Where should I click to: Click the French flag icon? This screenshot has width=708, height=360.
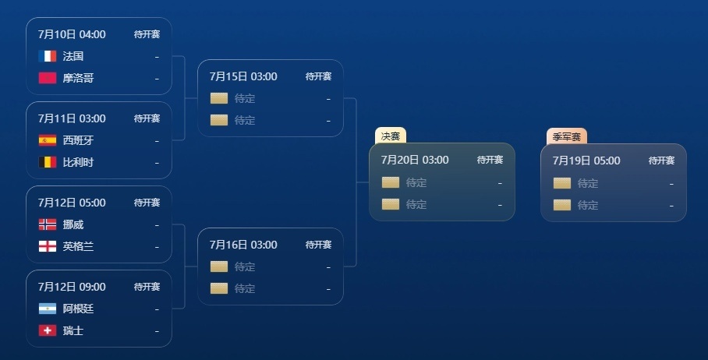pos(48,56)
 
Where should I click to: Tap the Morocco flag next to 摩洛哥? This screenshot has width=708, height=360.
pos(48,78)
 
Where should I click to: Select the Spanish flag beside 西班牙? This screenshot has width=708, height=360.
pos(48,140)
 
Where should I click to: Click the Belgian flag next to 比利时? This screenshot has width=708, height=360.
pos(48,162)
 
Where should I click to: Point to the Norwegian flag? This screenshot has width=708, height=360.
pos(48,224)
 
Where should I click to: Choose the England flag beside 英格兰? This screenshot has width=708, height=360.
pos(48,246)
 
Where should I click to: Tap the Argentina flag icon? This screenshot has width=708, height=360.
pos(48,309)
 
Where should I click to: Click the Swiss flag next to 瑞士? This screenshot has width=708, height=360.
pos(48,330)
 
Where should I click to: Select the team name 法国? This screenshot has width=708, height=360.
pos(73,56)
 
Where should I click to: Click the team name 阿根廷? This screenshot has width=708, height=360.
pos(78,309)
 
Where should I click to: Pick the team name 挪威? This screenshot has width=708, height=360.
pos(73,224)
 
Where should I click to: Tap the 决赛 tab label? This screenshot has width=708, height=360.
pos(391,136)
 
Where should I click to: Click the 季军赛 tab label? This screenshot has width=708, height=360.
pos(567,136)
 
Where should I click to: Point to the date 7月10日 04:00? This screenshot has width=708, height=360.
pos(72,34)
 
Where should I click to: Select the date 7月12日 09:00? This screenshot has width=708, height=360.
pos(72,287)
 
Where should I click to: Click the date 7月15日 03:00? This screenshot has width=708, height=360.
pos(243,76)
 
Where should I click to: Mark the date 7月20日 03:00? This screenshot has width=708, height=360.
pos(415,160)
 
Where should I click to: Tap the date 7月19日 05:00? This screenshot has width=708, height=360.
pos(586,161)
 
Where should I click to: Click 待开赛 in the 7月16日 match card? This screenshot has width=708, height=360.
pos(318,245)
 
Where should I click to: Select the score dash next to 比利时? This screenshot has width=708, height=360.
pos(158,163)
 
